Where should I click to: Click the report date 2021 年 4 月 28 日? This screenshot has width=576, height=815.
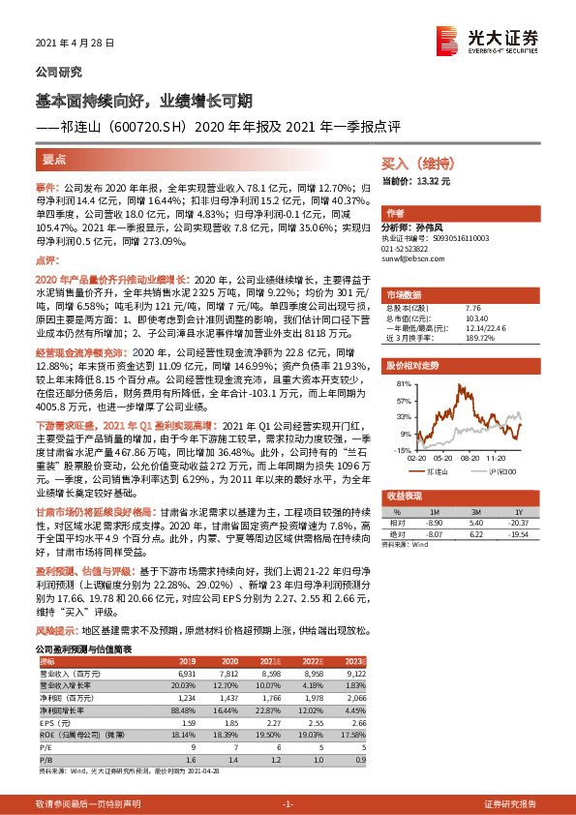pos(75,44)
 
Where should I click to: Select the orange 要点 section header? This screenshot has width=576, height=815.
pos(54,158)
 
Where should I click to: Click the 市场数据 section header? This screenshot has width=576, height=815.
pos(404,293)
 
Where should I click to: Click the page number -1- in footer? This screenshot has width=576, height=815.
pos(287,804)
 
